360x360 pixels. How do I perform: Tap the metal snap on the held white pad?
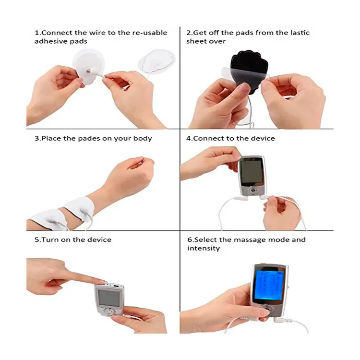(88, 72)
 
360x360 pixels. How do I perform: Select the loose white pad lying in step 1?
(156, 61)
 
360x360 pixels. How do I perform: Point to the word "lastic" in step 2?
(300, 33)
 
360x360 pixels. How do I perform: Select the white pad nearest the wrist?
(80, 208)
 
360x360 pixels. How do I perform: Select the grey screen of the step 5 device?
(109, 298)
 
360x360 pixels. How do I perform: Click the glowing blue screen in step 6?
(269, 286)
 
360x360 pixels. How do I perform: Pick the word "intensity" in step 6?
(204, 248)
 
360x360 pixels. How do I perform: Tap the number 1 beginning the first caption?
(36, 33)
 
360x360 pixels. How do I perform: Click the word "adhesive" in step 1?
(48, 41)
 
